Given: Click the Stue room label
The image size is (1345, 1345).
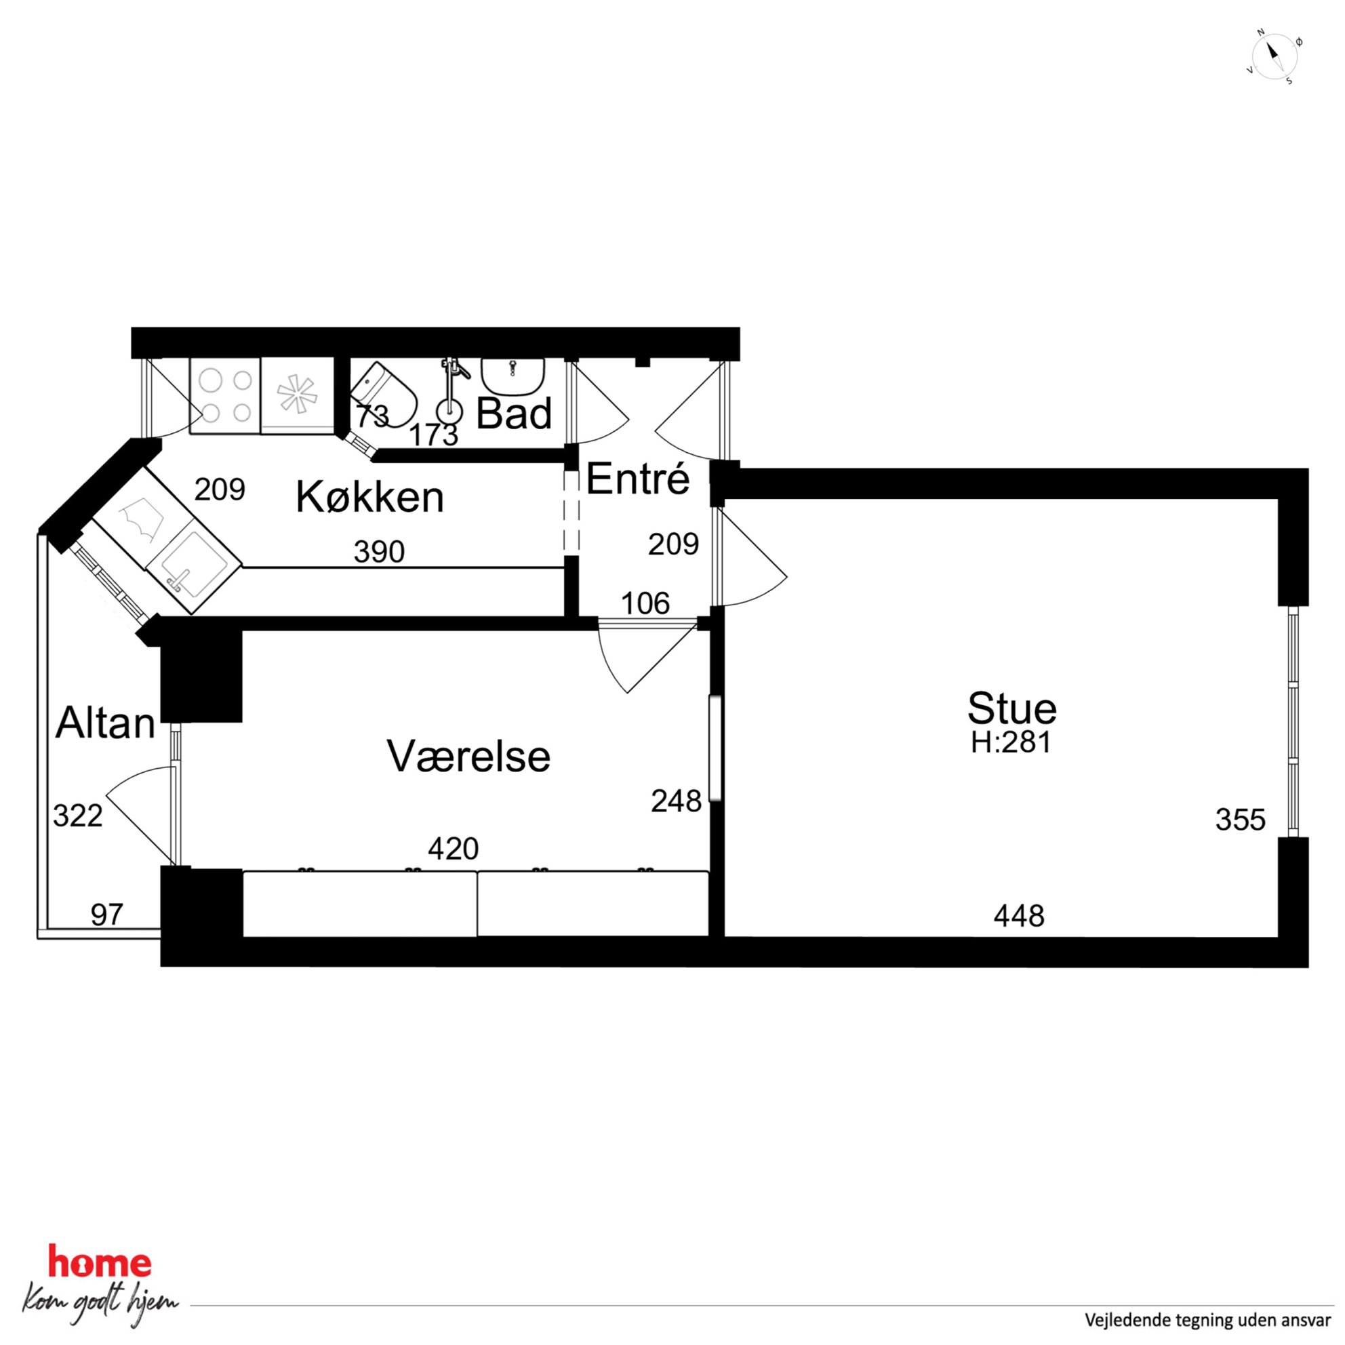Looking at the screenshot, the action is pos(1011,708).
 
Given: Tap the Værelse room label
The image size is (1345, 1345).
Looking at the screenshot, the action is pos(468,756).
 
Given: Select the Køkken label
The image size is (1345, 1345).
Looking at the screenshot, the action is pos(369,497).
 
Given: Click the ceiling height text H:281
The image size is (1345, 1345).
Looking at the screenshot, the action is pos(1011,743).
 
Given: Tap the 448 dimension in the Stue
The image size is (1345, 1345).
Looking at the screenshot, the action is pos(1018,916).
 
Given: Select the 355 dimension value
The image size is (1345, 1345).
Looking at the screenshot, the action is pos(1240,820).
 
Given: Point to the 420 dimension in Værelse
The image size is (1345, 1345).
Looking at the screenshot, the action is pos(454,849).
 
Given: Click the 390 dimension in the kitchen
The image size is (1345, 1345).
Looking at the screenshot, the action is pos(379,551).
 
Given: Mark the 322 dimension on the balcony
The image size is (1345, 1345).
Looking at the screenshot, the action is pos(78,816).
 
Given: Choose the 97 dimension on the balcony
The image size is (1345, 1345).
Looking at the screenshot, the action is pos(107,915).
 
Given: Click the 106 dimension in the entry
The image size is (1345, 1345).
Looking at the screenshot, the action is pos(645,603).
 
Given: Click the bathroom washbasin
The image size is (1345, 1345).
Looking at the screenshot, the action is pos(513,376).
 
